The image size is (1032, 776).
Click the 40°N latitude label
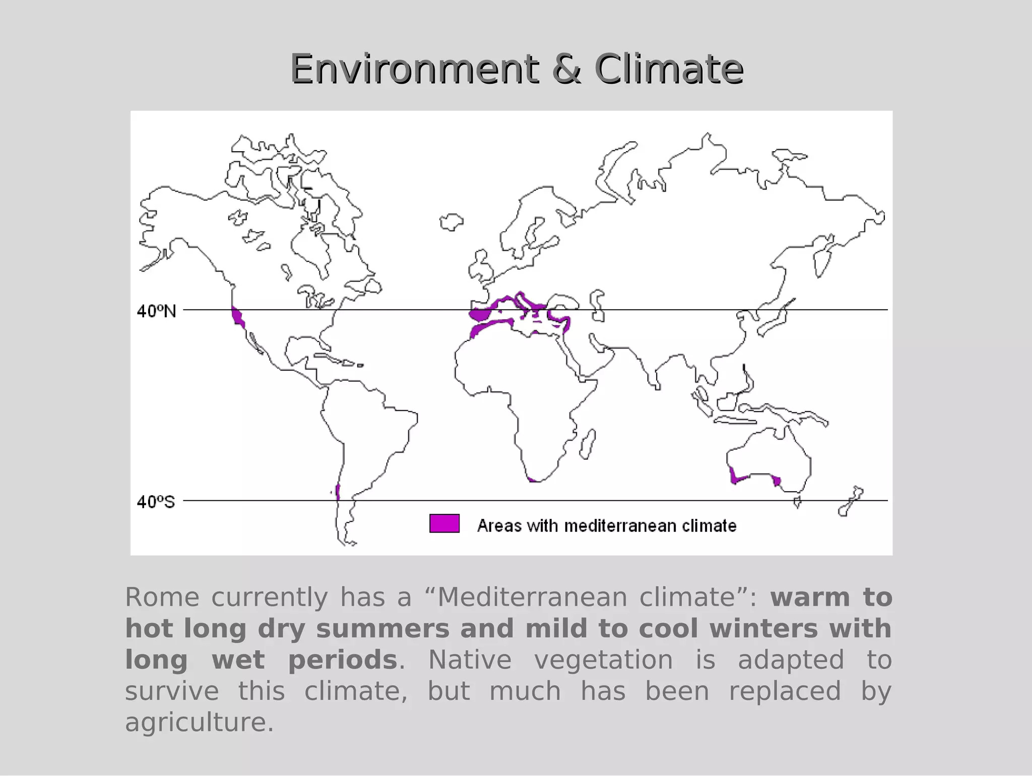(x=156, y=311)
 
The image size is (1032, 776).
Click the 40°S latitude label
(x=156, y=502)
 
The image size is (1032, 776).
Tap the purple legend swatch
(x=444, y=523)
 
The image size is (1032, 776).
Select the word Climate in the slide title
(x=669, y=69)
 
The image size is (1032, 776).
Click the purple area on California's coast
(x=237, y=318)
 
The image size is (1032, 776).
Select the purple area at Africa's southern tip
(x=532, y=480)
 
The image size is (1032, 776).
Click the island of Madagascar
(x=587, y=444)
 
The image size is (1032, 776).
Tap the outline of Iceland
(x=451, y=222)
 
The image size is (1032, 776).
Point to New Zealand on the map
(x=850, y=502)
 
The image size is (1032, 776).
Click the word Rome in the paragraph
(x=162, y=598)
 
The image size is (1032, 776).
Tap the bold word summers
(x=382, y=629)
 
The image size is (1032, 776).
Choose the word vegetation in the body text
(x=603, y=660)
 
